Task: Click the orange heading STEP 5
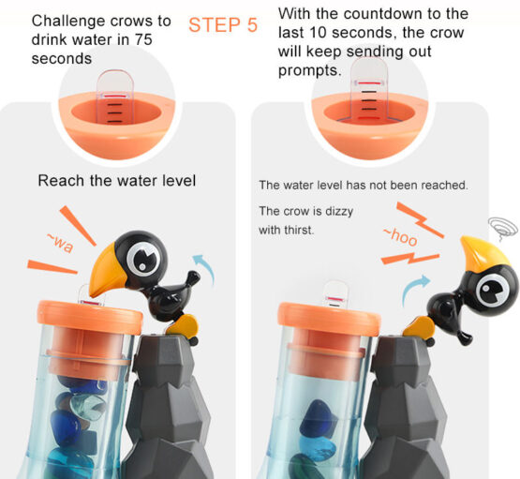223,25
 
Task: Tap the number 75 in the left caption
143,39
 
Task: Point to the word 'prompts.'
310,70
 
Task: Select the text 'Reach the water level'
117,181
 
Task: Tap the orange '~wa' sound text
60,243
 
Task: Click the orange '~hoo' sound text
401,236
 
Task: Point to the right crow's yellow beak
483,252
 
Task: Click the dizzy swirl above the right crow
503,227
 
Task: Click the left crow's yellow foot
183,325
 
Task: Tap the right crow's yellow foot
419,327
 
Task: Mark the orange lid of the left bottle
90,317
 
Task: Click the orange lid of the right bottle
329,319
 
